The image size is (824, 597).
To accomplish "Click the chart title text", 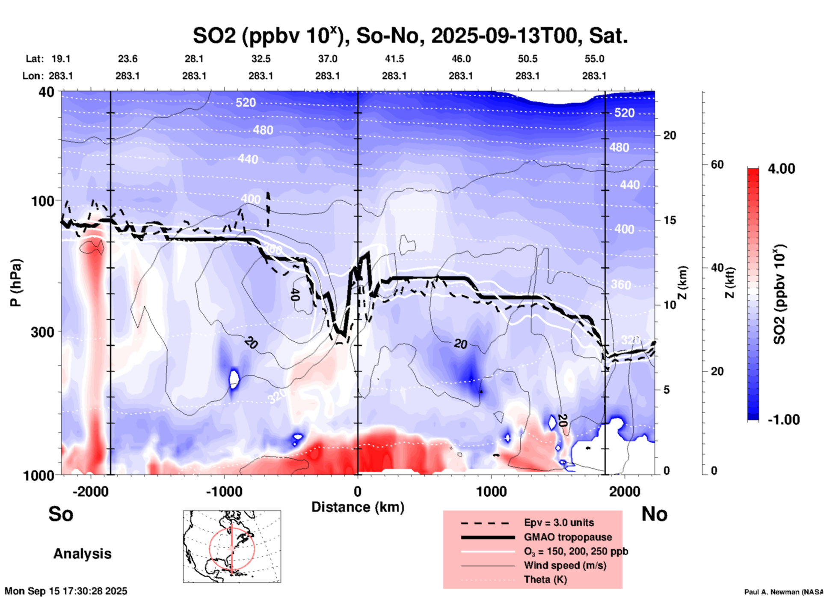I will pos(410,36).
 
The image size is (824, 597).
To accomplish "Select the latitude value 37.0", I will pos(327,59).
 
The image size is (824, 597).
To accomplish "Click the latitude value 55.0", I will pos(594,59).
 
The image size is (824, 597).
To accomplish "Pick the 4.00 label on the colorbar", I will pos(781,169).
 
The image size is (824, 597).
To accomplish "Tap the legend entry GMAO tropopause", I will pos(568,537).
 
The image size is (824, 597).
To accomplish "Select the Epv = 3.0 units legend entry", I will pos(559,523).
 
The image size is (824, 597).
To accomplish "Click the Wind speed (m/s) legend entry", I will pos(565,565).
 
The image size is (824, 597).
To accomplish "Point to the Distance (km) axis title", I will pos(358,507).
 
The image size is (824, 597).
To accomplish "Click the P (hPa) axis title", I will pos(16,283).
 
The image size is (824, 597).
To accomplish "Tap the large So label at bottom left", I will pos(61,514).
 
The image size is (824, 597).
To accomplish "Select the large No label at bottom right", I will pos(654,514).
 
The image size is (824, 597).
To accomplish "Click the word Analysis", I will pos(82,554).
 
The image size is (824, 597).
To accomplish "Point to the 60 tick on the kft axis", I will pos(717,165).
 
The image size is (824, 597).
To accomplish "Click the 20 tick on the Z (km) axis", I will pos(670,136).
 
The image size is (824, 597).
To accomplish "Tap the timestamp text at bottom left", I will pos(66,591).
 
